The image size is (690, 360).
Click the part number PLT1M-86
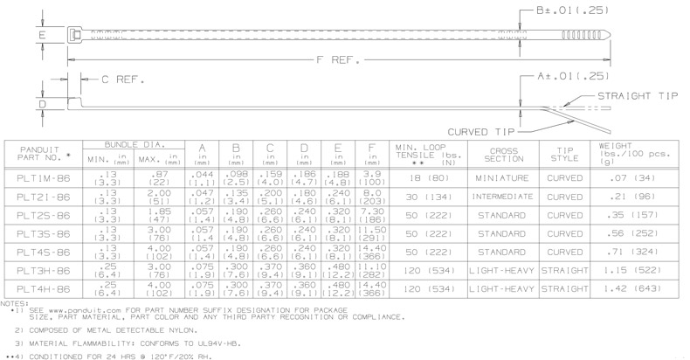tap(41, 178)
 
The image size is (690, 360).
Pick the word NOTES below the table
tap(15, 302)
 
